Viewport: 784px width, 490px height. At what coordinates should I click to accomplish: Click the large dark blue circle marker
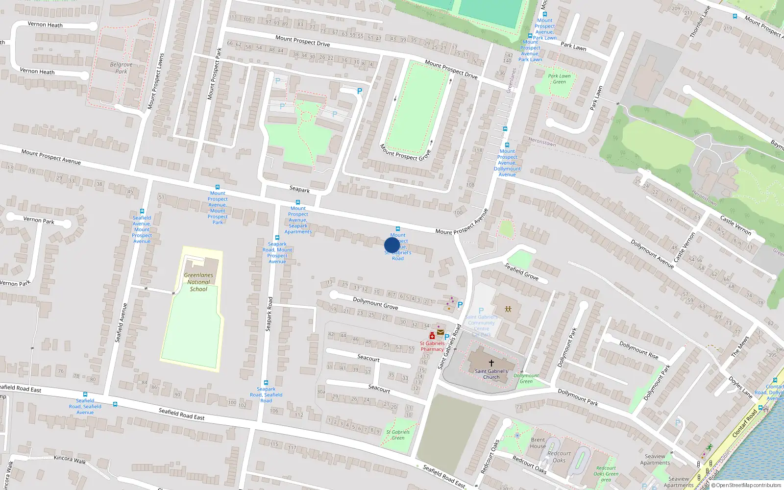click(x=392, y=245)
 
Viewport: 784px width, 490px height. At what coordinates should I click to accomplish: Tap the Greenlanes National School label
click(x=198, y=282)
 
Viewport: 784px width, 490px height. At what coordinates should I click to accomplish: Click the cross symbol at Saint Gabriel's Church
click(x=491, y=363)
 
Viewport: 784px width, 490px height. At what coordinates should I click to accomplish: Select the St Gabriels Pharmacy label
click(x=432, y=346)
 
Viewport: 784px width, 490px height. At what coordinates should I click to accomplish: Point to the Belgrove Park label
click(x=121, y=68)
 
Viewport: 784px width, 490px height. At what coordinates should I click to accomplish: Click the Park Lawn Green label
click(x=559, y=79)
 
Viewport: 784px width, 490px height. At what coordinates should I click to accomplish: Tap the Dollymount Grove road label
click(x=375, y=303)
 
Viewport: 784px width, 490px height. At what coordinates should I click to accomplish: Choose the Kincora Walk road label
click(x=70, y=459)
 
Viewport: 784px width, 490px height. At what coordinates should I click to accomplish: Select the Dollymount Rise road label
click(x=638, y=350)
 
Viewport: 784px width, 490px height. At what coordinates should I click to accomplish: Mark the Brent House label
click(x=538, y=443)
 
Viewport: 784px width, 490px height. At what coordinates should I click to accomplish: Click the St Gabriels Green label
click(x=398, y=435)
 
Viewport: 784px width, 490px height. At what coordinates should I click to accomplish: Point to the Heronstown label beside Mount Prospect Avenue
click(x=542, y=143)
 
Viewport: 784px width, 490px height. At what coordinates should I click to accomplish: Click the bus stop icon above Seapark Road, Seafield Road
click(x=266, y=383)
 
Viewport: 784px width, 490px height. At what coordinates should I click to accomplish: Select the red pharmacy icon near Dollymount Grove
click(x=432, y=336)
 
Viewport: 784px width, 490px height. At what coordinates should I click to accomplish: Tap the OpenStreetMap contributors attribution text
click(x=748, y=486)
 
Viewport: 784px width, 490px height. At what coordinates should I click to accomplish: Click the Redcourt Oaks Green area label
click(x=606, y=474)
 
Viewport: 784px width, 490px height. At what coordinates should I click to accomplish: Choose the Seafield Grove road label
click(x=521, y=271)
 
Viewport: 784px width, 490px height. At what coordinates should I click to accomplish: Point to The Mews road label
click(x=740, y=346)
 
